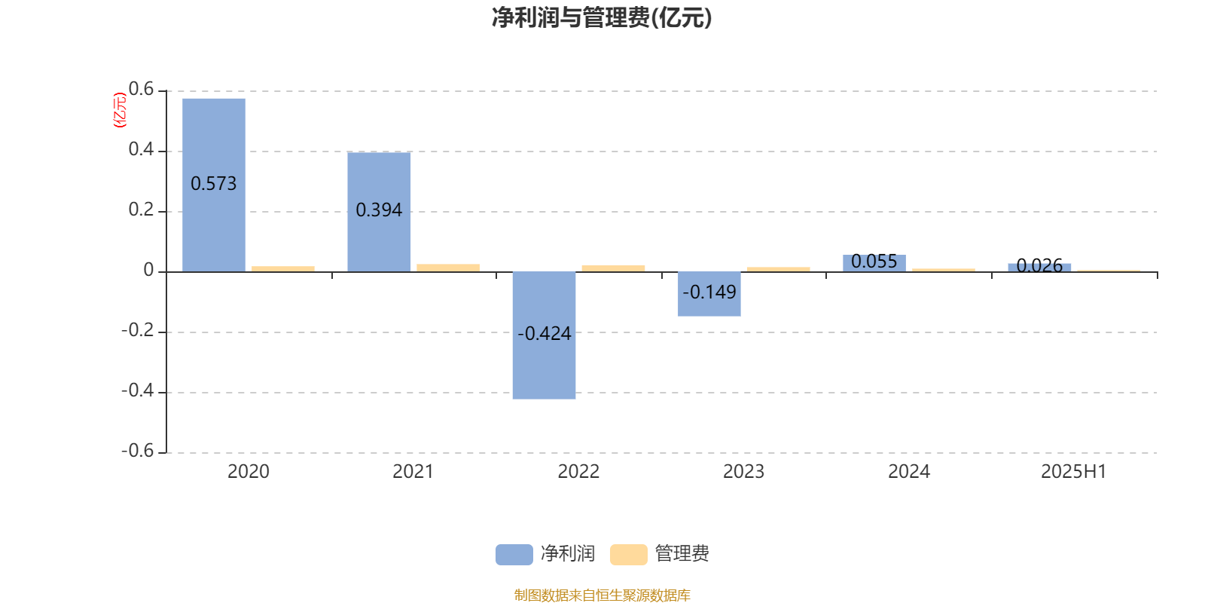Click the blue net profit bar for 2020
click(214, 185)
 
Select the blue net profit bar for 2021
click(379, 212)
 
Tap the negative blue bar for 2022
click(544, 335)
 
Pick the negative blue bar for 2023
click(709, 294)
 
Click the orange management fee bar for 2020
click(283, 268)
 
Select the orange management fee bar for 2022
click(613, 268)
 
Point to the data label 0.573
click(214, 184)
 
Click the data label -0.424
click(544, 334)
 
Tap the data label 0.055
click(874, 262)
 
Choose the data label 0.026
click(1039, 265)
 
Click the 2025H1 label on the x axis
click(1074, 472)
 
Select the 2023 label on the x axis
click(743, 472)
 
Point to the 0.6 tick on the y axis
click(141, 89)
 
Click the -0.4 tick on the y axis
click(138, 390)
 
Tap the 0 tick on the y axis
click(148, 270)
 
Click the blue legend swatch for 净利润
click(514, 555)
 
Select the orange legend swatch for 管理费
click(628, 555)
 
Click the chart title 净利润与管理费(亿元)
click(602, 18)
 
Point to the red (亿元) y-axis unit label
click(120, 110)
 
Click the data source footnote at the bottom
click(602, 595)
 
